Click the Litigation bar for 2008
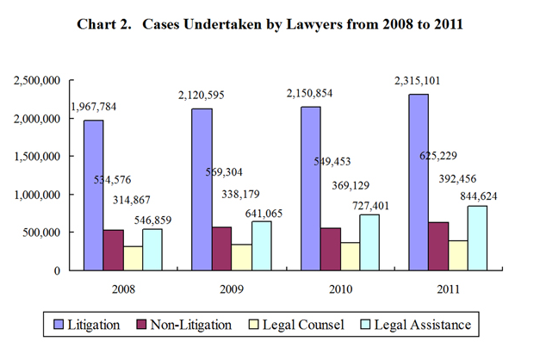(x=94, y=195)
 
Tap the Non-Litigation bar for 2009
(x=222, y=248)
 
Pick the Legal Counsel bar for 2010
(x=349, y=256)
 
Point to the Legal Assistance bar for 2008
(x=152, y=249)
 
